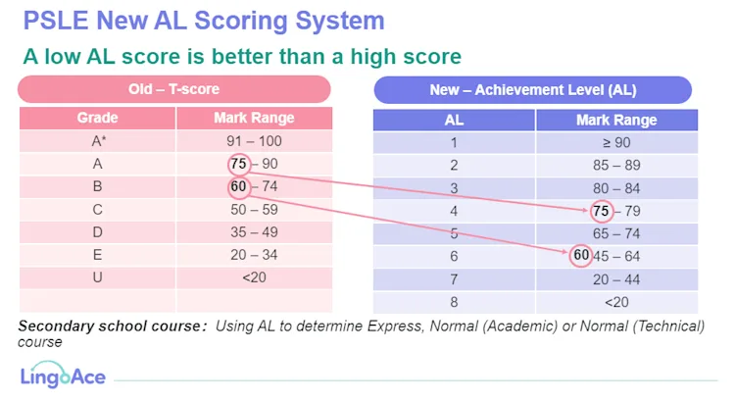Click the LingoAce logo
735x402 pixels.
[x=63, y=375]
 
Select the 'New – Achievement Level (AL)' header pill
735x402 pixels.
[x=533, y=90]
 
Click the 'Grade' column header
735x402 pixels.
[x=97, y=119]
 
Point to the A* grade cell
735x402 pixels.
[x=97, y=141]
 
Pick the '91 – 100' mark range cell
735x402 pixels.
[x=253, y=141]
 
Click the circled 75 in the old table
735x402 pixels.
[x=239, y=164]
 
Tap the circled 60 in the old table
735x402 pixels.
[x=239, y=186]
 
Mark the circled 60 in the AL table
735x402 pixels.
[x=582, y=256]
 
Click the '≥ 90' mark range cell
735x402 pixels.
[x=615, y=142]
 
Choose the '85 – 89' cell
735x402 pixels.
[x=615, y=165]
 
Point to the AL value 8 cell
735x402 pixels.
[x=454, y=302]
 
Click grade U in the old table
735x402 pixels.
[x=97, y=277]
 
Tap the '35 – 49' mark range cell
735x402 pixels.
[x=253, y=232]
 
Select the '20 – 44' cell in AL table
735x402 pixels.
[x=615, y=279]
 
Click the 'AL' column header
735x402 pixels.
[x=454, y=121]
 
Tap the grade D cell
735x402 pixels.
[x=97, y=232]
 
